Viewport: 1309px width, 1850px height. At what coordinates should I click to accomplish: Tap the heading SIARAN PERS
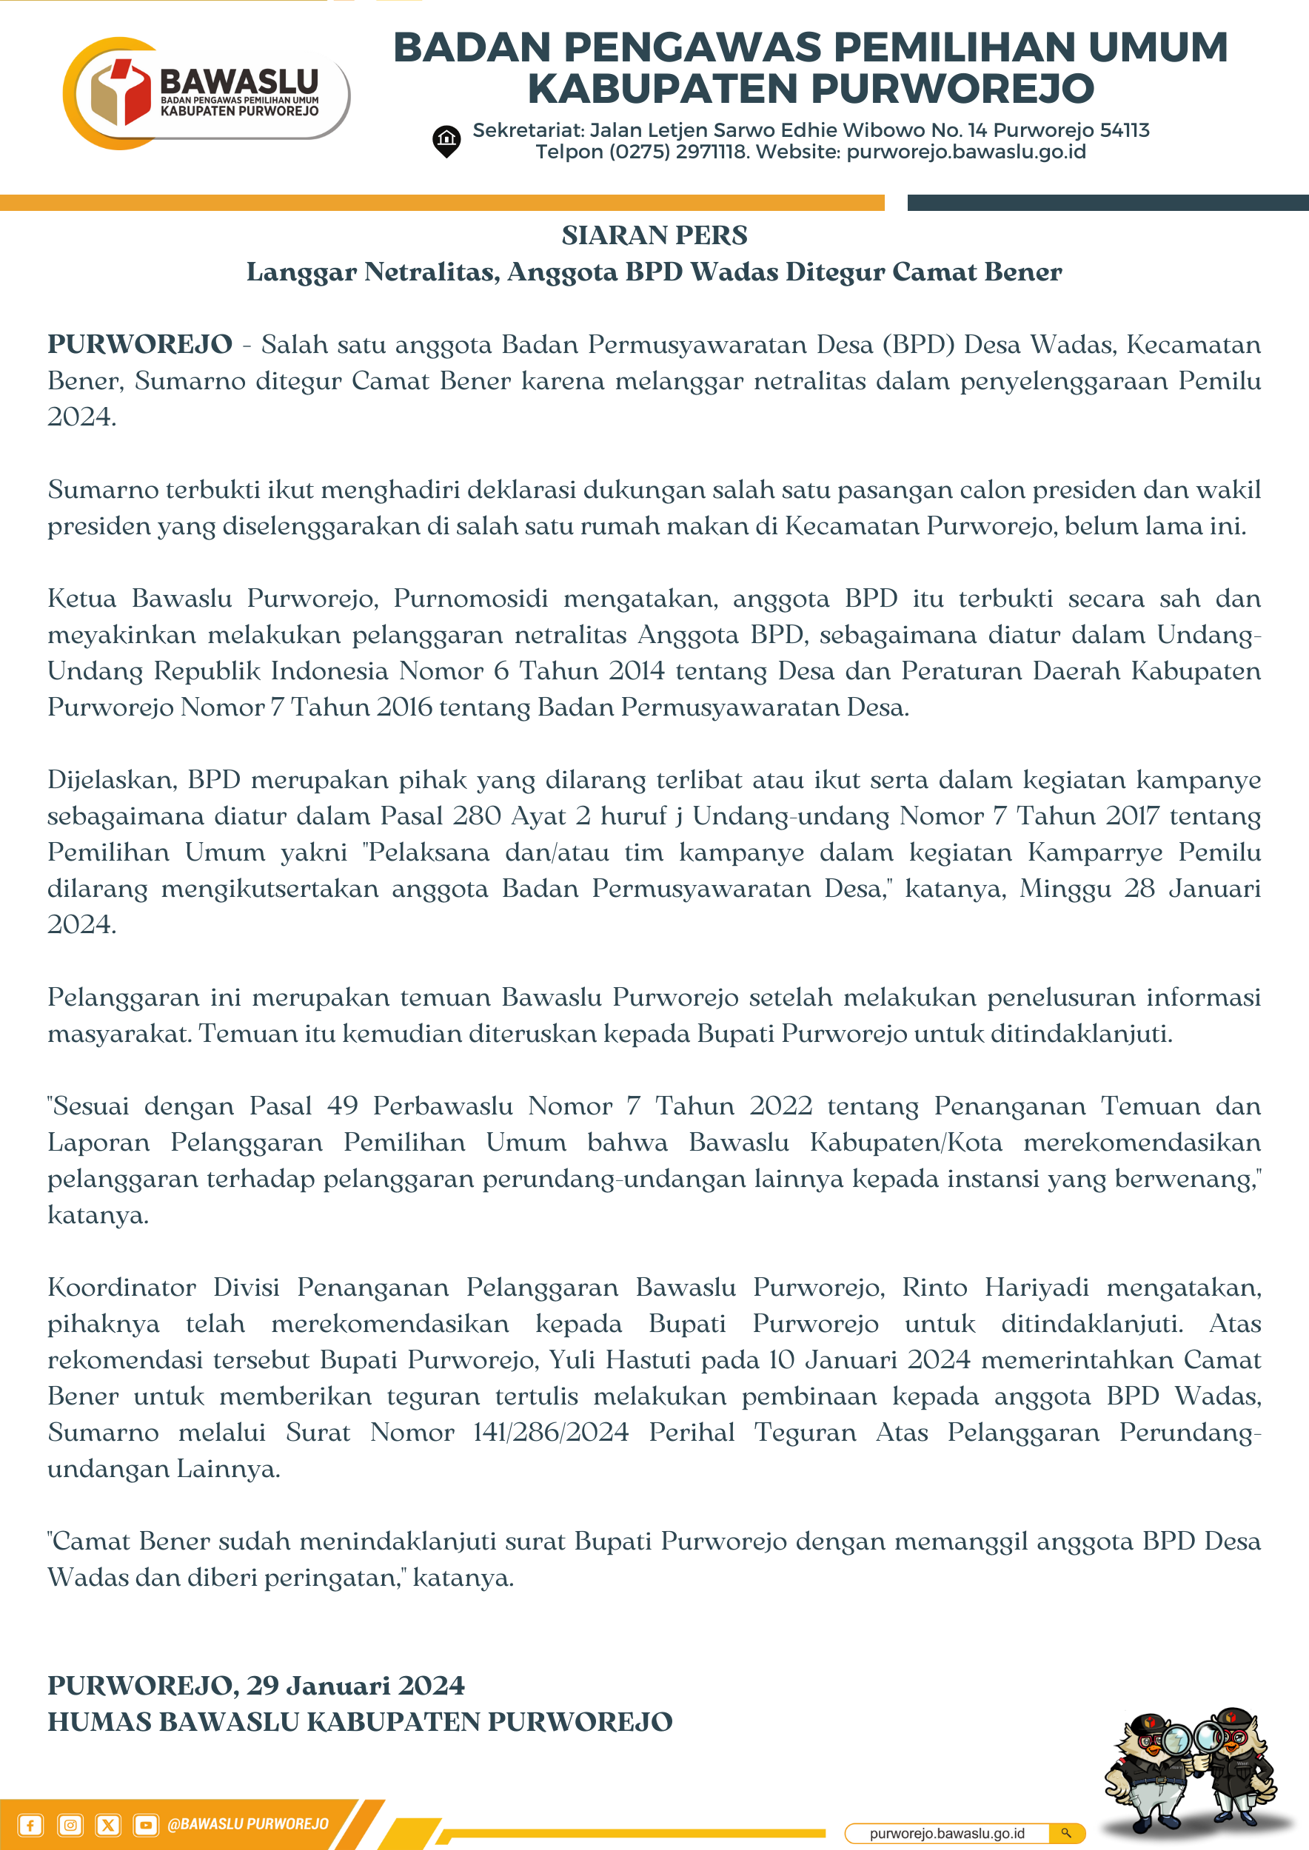(654, 235)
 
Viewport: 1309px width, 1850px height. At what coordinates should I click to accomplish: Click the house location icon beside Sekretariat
(446, 141)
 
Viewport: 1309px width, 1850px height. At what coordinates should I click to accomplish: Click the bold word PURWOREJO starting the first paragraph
(139, 344)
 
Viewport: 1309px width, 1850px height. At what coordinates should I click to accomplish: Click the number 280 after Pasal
(477, 815)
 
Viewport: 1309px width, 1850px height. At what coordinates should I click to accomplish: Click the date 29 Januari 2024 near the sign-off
(355, 1685)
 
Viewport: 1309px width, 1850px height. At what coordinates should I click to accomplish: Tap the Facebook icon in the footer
(30, 1825)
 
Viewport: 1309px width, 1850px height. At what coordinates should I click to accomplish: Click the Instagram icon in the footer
(70, 1825)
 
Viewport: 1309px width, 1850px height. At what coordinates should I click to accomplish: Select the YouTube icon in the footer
(145, 1825)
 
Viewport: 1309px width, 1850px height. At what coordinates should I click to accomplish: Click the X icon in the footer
(108, 1825)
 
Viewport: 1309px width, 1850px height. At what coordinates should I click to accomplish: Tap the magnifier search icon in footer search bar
(1065, 1833)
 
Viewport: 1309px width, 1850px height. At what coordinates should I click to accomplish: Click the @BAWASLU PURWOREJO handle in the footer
(247, 1824)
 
